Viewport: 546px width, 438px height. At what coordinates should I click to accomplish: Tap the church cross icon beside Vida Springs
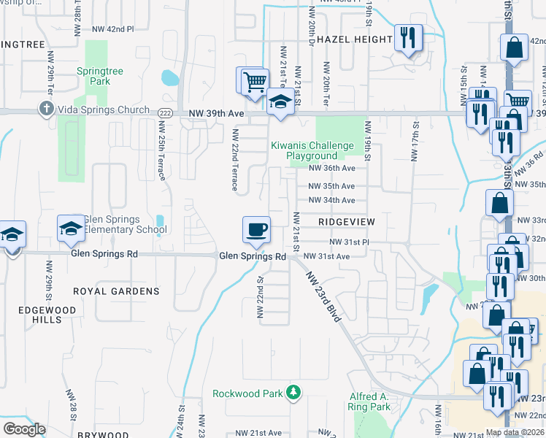point(45,110)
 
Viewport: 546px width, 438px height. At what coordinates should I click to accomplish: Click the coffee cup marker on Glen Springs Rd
point(256,230)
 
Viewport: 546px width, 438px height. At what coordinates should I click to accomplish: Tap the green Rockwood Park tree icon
point(293,393)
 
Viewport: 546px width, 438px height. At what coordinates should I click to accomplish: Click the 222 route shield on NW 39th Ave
point(164,110)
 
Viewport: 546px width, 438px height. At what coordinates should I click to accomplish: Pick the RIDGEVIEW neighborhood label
point(347,220)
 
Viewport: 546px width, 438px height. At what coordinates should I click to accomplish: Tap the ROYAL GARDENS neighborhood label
point(116,291)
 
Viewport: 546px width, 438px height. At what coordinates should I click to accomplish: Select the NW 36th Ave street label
point(331,167)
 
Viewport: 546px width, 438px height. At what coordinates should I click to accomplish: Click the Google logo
point(24,429)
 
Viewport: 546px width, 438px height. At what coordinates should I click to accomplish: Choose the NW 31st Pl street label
point(350,242)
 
